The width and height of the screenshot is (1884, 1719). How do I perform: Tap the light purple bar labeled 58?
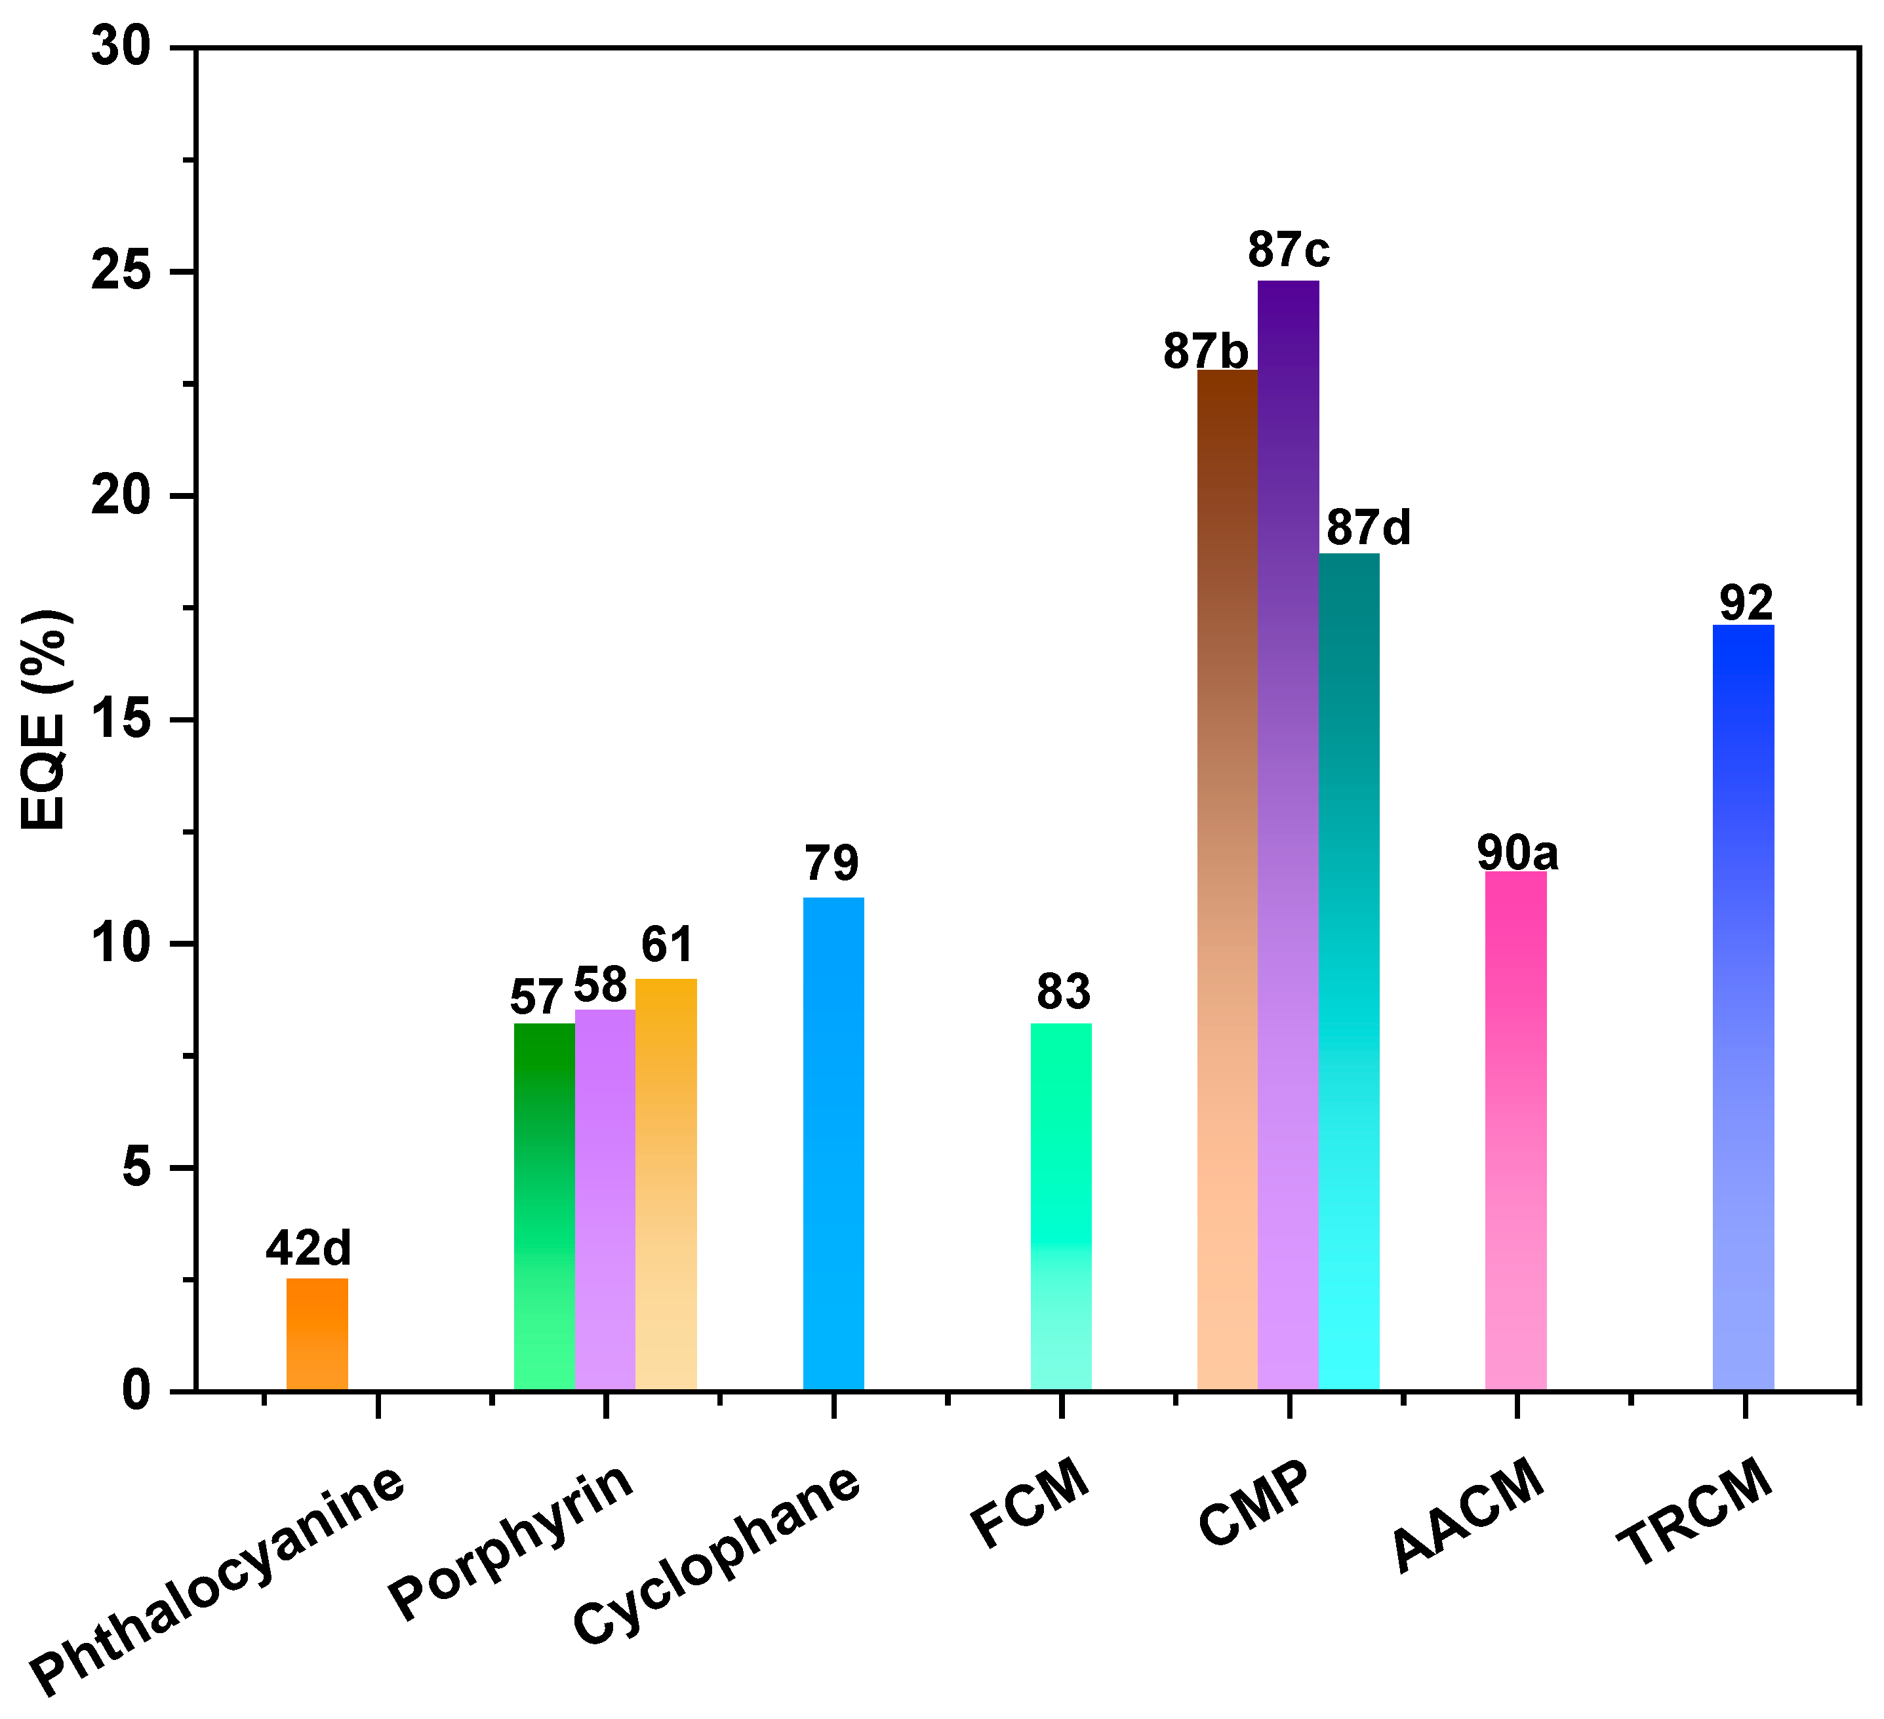click(x=605, y=1200)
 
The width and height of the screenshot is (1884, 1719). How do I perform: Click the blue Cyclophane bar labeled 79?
click(x=833, y=1145)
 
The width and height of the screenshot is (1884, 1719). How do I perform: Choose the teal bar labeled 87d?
click(x=1348, y=972)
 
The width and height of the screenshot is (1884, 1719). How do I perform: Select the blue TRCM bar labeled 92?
click(x=1743, y=1008)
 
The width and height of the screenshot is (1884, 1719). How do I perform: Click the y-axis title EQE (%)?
click(x=43, y=719)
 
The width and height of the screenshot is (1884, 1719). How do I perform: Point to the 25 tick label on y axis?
click(x=121, y=272)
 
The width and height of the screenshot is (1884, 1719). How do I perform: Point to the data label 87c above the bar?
click(x=1288, y=249)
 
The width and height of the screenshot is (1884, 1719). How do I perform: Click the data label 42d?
click(x=308, y=1247)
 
